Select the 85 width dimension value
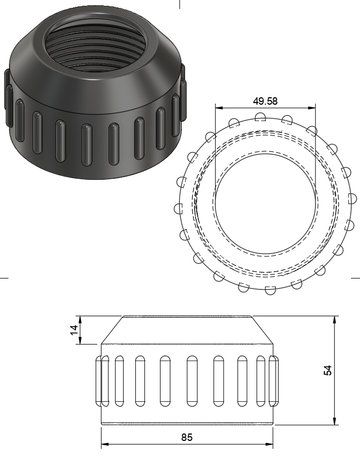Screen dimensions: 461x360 [187, 437]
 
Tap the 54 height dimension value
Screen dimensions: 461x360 [328, 370]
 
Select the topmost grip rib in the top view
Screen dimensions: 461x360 [260, 116]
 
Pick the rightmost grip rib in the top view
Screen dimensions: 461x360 [352, 198]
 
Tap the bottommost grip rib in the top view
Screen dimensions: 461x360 [270, 290]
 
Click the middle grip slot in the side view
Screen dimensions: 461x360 [191, 381]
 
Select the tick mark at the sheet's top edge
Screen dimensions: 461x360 [180, 4]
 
